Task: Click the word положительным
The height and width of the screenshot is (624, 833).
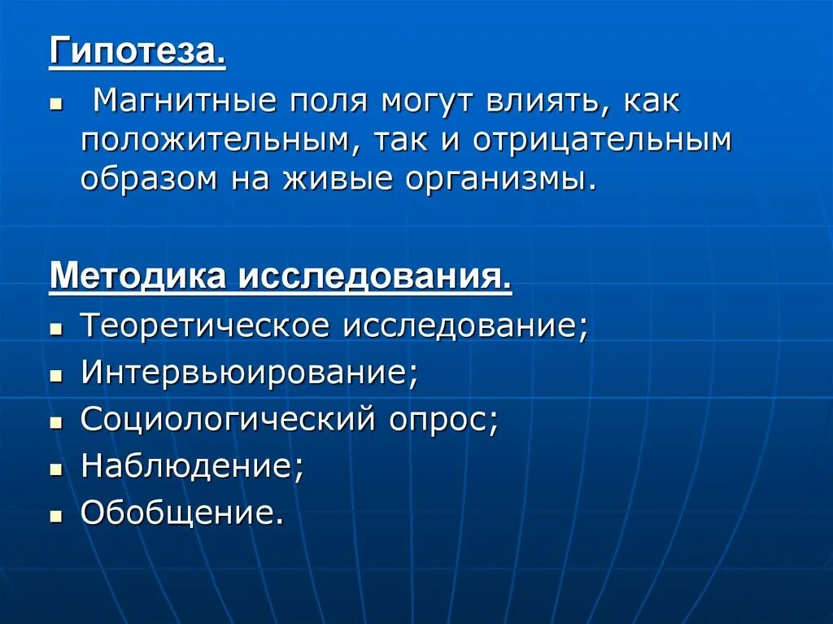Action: tap(220, 140)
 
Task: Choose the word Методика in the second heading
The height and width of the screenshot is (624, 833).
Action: tap(137, 277)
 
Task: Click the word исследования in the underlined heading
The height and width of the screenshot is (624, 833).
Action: tap(375, 277)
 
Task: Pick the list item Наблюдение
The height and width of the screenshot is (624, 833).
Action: tap(192, 467)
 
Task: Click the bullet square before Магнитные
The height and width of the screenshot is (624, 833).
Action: tap(55, 106)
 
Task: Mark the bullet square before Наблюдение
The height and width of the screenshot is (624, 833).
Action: tap(55, 470)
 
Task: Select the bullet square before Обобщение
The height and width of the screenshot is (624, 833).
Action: tap(55, 517)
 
